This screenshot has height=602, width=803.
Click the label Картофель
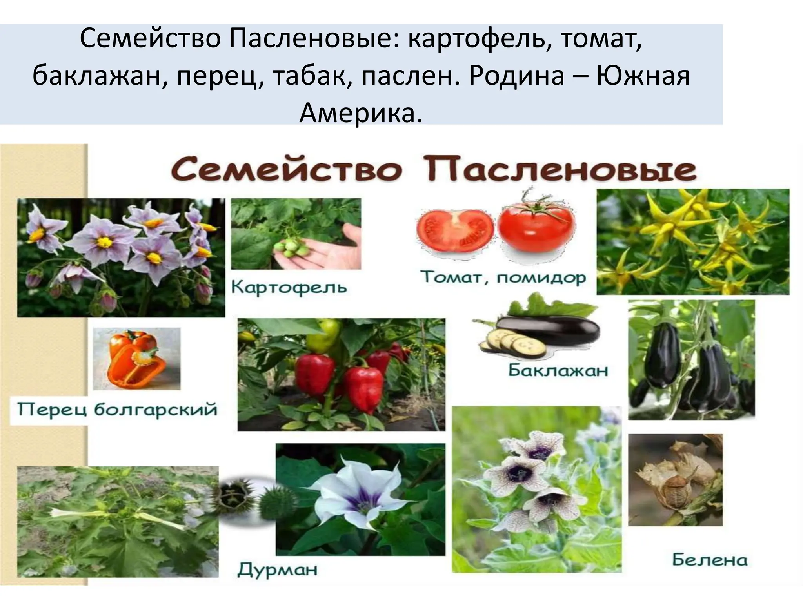(289, 287)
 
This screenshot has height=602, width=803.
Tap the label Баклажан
(558, 370)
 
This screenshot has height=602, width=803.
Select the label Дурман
(277, 569)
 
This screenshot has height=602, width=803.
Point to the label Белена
(710, 560)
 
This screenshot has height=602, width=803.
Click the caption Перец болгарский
(117, 410)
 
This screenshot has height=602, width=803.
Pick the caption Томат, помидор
(503, 278)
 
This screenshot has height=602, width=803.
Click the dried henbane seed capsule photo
(675, 480)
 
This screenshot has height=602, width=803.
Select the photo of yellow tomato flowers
(692, 241)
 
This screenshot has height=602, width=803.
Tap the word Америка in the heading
(361, 113)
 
